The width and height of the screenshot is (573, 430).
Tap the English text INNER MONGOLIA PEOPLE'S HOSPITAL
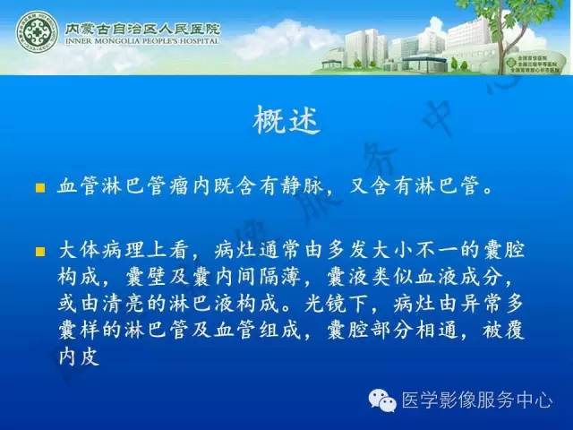click(142, 41)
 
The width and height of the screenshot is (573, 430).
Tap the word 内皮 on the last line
click(80, 357)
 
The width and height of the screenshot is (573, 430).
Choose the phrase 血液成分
click(423, 275)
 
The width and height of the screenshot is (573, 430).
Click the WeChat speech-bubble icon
click(381, 400)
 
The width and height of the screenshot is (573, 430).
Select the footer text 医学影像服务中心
click(475, 400)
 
